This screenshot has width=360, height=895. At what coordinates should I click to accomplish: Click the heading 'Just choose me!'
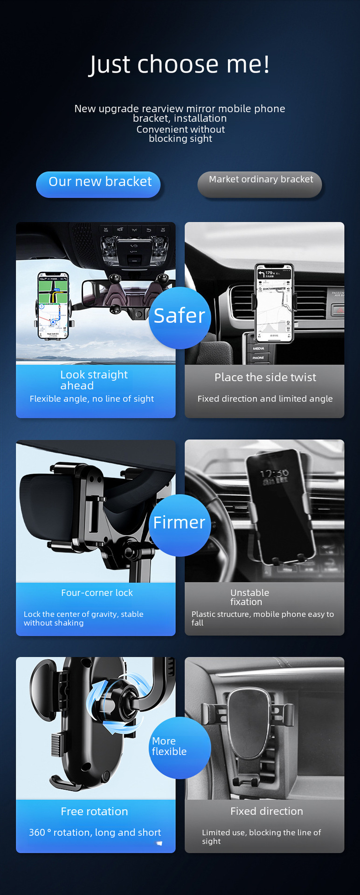180,64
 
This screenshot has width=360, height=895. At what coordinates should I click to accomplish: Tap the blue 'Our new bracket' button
98,184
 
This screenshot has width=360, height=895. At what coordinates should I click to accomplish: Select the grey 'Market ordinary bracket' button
260,184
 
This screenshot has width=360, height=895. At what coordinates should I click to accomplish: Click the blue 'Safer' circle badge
180,317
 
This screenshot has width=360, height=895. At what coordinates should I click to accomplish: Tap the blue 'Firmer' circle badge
180,525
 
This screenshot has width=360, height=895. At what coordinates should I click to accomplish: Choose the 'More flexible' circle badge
180,747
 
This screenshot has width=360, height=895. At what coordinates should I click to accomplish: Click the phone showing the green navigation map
53,306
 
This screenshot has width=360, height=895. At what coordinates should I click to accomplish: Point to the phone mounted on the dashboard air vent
274,303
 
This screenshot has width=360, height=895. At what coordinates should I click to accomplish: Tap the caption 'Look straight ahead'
94,380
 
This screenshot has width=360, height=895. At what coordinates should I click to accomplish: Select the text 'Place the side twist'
265,377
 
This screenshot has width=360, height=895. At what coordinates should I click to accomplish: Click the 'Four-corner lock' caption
97,592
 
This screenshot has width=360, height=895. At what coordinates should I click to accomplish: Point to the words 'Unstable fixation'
249,597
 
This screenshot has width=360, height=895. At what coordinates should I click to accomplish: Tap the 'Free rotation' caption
94,811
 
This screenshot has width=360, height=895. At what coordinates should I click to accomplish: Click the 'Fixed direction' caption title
267,811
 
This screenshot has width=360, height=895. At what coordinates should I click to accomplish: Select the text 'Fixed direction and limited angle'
265,399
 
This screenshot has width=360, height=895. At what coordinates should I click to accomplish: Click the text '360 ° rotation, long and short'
95,833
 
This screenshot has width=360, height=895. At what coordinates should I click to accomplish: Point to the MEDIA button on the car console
258,348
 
